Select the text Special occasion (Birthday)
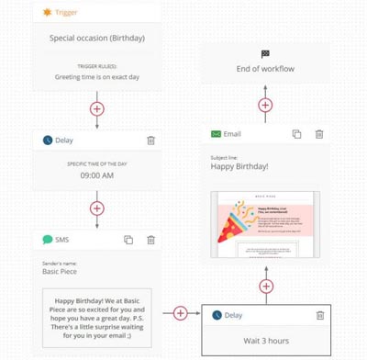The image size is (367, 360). (x=97, y=39)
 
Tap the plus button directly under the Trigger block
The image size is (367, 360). (x=96, y=108)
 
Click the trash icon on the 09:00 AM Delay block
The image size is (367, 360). (x=150, y=141)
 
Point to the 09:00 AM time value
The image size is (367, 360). (x=96, y=175)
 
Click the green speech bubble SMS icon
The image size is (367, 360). (x=48, y=240)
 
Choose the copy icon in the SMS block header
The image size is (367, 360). (x=129, y=240)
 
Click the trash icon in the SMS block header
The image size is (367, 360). (x=150, y=240)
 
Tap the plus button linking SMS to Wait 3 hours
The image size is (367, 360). (x=180, y=313)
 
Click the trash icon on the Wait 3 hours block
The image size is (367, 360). (x=320, y=315)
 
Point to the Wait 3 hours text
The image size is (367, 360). (x=265, y=340)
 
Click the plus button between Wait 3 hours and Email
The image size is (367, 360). (x=265, y=286)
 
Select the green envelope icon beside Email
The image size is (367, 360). (x=217, y=134)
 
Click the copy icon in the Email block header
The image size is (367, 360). (x=296, y=134)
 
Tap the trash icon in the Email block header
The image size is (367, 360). (x=319, y=134)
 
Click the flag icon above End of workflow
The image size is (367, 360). (x=265, y=54)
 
